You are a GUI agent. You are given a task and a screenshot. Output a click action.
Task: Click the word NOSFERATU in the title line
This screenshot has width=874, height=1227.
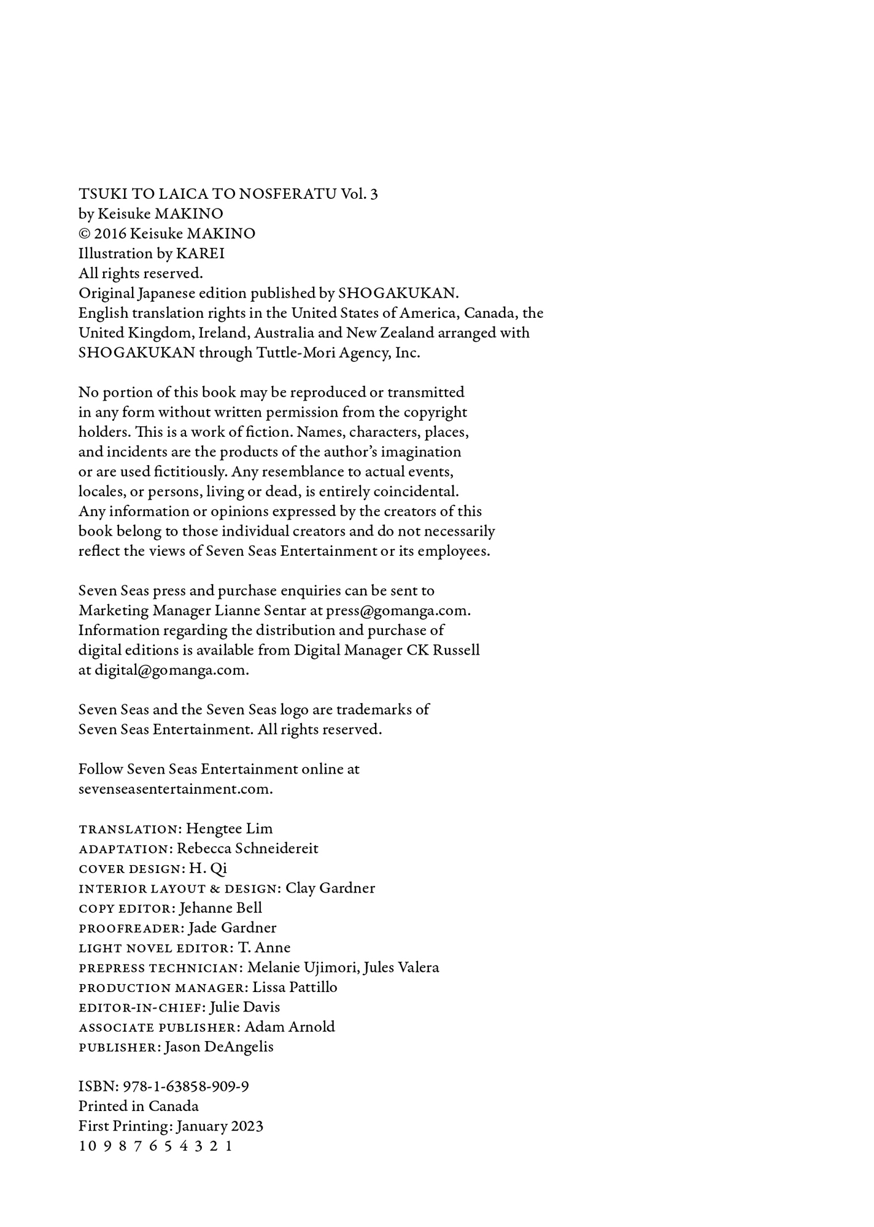pos(287,194)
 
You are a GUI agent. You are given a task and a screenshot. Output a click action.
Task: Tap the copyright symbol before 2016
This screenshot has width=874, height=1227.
pos(84,234)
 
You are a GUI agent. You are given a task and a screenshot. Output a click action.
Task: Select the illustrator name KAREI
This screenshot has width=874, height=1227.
pos(200,253)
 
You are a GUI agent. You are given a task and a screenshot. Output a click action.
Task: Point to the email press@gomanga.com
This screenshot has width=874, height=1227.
pos(398,610)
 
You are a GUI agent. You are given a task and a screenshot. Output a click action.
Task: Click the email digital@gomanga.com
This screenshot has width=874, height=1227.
pos(171,670)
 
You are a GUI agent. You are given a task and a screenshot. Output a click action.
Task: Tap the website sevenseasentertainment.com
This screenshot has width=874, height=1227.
pos(176,789)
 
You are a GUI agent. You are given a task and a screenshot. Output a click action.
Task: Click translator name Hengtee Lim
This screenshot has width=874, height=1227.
pos(229,828)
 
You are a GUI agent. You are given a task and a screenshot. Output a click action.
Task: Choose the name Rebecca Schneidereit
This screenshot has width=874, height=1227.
pos(247,848)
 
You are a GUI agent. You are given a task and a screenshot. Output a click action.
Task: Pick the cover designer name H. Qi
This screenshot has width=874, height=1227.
pos(208,868)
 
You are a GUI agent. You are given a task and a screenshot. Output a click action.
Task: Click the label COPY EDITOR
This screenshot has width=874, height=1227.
pos(127,908)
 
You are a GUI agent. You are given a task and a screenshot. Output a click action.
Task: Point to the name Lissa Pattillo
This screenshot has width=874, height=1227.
pos(295,987)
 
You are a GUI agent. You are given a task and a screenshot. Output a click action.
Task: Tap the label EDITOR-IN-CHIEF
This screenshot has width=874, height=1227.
pos(142,1007)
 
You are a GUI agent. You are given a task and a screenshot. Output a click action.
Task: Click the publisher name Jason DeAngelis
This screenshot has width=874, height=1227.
pos(218,1047)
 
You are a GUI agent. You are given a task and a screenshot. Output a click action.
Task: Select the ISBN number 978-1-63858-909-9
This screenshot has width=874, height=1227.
pos(186,1087)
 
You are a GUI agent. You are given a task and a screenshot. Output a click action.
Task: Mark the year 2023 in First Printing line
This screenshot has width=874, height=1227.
pos(247,1126)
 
